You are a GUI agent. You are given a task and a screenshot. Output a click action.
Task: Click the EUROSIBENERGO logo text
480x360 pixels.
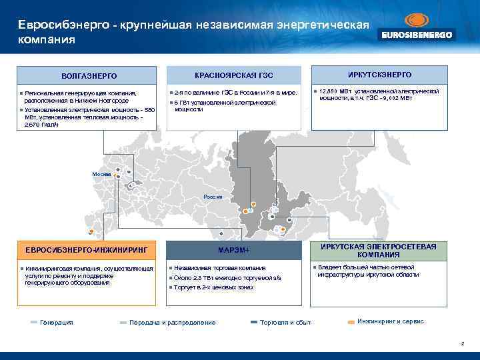click(x=417, y=35)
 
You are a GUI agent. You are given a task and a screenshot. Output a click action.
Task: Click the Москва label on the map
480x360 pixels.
click(x=101, y=174)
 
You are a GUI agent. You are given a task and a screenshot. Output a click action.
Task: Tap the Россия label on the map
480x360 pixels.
click(x=213, y=197)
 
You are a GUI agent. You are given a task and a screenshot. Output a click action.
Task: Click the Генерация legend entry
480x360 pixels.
click(x=57, y=323)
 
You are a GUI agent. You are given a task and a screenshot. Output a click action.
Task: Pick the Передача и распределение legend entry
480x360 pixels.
click(x=172, y=323)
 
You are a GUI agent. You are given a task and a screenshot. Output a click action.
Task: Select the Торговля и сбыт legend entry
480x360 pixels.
click(x=285, y=323)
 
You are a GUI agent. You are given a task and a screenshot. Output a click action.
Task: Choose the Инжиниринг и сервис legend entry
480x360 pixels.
click(x=390, y=321)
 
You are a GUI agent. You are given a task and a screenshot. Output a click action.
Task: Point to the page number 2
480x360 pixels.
click(x=462, y=343)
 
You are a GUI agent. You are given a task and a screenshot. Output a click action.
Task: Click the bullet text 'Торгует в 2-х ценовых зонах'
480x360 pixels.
click(x=213, y=287)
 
